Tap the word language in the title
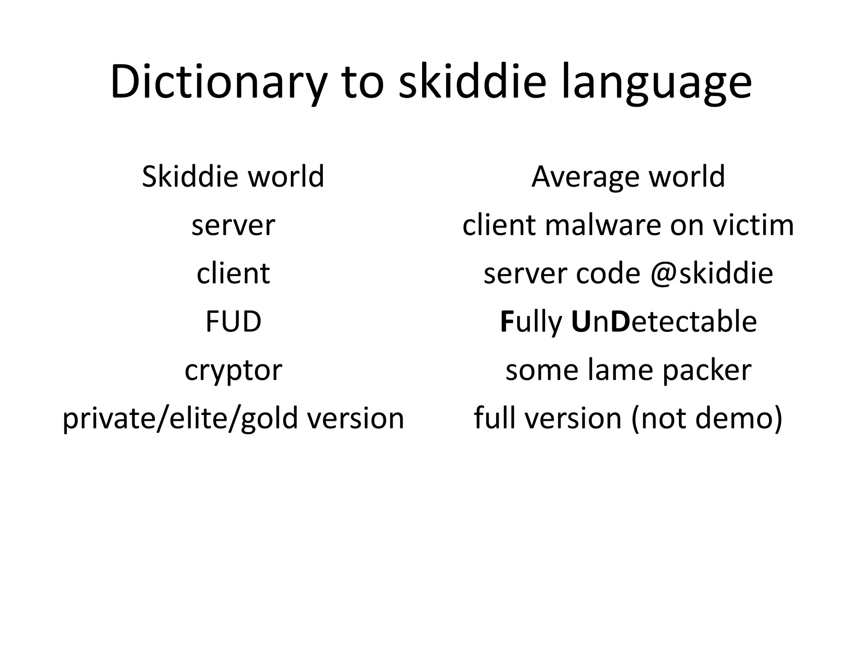[656, 83]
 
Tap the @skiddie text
[711, 273]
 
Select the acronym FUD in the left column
[233, 321]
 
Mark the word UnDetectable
[664, 321]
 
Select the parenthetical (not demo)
[707, 419]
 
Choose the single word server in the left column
[233, 226]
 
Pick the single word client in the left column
[233, 273]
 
